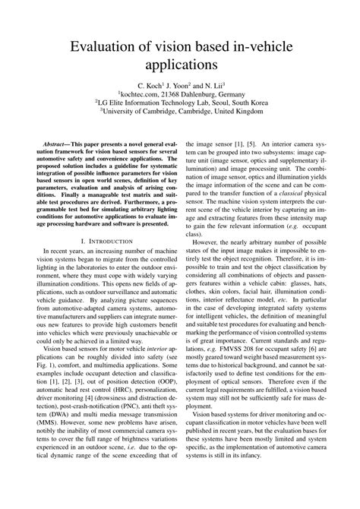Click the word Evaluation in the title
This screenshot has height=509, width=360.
(x=107, y=47)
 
